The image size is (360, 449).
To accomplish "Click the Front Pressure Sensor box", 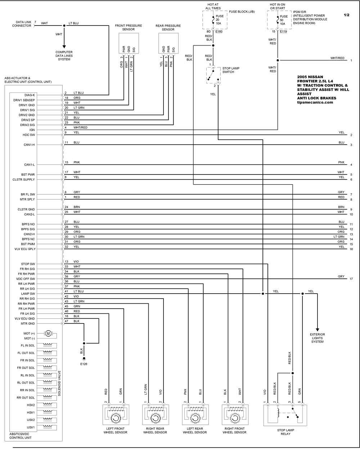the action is point(129,43).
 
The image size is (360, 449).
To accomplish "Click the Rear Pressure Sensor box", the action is point(168,43).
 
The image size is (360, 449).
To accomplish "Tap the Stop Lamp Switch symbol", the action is point(213,75).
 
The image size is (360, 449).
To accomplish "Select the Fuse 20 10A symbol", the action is point(213,20).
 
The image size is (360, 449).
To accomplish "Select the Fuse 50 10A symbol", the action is point(278,20).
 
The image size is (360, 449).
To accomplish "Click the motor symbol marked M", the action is point(48,334).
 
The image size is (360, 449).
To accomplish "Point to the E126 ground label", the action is point(84,364).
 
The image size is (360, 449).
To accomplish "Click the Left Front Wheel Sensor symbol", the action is point(116,414).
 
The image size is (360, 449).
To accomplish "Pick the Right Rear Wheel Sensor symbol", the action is point(156,414).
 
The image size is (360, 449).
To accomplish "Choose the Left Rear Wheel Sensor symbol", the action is point(195,414).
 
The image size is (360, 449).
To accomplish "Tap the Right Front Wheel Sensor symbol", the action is point(235,414).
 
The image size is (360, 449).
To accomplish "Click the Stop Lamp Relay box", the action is point(285,415).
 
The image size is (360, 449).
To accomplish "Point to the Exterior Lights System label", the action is point(318,338).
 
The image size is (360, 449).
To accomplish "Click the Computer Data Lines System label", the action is point(64,56).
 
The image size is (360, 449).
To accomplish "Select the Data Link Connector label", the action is point(22,24).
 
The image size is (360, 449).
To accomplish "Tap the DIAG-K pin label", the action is point(30,95).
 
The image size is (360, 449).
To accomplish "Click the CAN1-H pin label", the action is point(29,145).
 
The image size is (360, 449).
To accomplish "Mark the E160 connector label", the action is point(219,32).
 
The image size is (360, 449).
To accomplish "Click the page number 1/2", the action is point(346,15).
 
